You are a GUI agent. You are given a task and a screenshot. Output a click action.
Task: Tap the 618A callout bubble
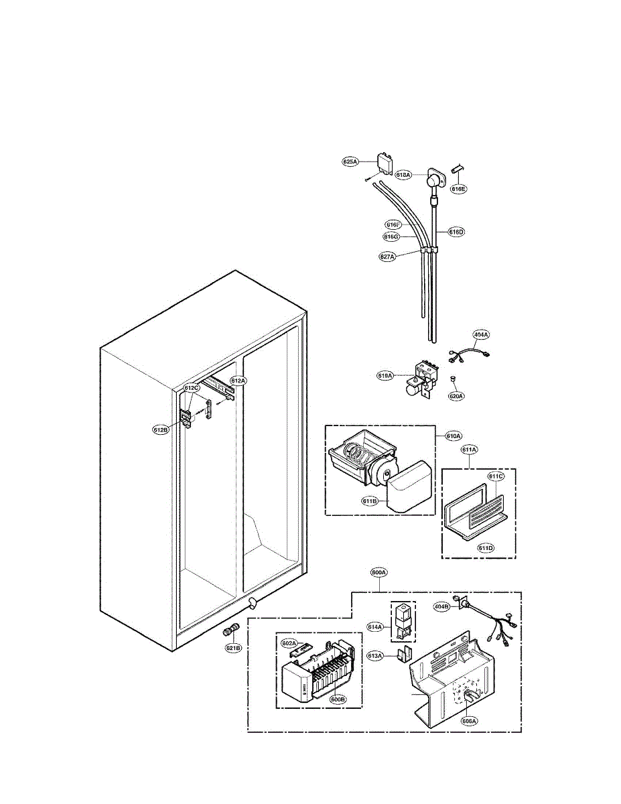(403, 175)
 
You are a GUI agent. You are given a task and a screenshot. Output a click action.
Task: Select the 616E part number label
(458, 189)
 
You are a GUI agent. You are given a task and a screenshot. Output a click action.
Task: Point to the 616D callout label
(456, 232)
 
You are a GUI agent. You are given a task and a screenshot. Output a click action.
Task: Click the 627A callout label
(389, 256)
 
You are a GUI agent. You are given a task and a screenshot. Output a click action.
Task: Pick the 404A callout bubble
(482, 334)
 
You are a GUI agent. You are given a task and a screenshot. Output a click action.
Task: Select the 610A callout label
(454, 436)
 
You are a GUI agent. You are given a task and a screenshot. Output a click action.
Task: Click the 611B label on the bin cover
(370, 500)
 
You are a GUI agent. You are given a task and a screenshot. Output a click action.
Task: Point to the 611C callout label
(496, 477)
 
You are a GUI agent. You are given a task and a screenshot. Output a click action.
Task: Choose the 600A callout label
(378, 573)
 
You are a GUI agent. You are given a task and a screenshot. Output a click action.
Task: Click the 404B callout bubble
(441, 606)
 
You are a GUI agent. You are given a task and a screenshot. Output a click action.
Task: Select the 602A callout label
(289, 643)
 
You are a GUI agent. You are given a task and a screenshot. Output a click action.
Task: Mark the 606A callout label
(469, 721)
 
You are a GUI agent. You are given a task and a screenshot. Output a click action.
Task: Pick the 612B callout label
(160, 429)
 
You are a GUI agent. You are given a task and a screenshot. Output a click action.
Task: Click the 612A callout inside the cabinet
(238, 381)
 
